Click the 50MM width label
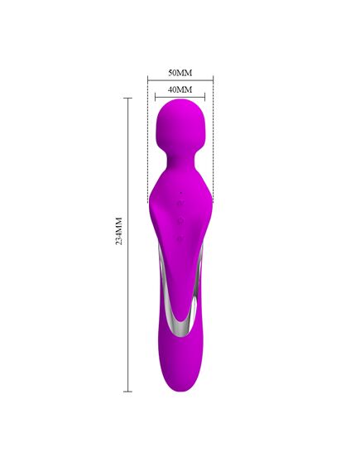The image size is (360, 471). coord(180,73)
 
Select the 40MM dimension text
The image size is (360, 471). coord(180,89)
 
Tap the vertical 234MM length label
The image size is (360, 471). coord(119,231)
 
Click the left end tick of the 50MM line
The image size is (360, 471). coord(147,80)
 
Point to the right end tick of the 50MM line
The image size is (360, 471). coord(213,80)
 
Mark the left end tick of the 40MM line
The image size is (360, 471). coord(156,97)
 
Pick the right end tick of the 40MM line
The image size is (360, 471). coord(204,97)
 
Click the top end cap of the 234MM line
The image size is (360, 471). coord(128,99)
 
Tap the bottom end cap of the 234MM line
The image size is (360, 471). coord(128,392)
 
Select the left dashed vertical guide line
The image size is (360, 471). coord(147,142)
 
